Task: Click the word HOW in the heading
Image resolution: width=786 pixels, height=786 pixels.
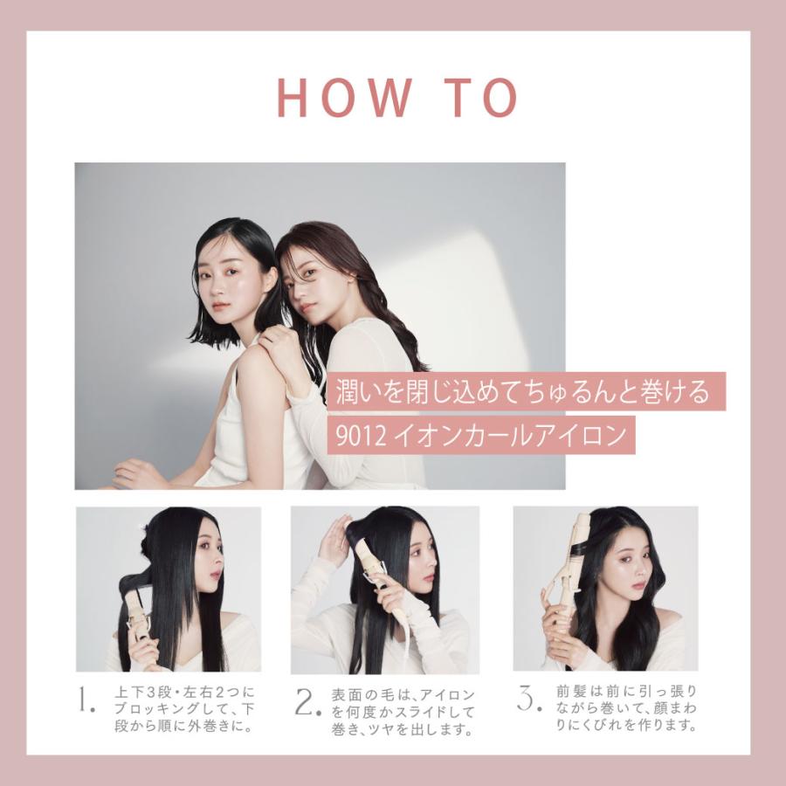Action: click(x=344, y=97)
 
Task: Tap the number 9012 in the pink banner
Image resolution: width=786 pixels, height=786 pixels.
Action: click(x=361, y=436)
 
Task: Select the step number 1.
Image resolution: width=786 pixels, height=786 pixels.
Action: click(x=86, y=700)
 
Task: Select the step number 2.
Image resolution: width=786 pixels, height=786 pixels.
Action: click(x=307, y=702)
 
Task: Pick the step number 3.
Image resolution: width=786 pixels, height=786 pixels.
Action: click(x=528, y=699)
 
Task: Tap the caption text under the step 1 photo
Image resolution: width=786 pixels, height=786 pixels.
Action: click(x=184, y=710)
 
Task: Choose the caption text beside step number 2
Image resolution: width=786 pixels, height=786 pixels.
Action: click(x=403, y=712)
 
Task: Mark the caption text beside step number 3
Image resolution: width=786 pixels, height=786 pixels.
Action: click(x=626, y=707)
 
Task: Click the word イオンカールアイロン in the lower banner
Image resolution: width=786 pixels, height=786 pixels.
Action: click(x=510, y=436)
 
